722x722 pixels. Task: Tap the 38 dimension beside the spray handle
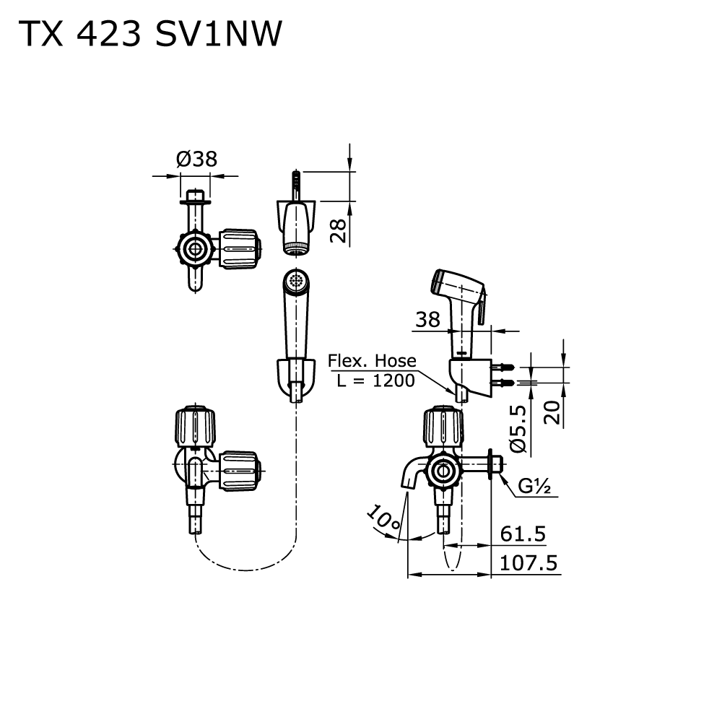[427, 319]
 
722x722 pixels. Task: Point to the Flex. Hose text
[372, 360]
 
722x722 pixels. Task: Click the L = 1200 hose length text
[375, 380]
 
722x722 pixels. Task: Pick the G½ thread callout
[535, 487]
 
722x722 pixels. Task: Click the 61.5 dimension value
[523, 534]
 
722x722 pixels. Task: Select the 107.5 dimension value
[528, 563]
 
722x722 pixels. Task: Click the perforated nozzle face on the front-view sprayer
[296, 282]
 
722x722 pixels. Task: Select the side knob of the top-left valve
[238, 248]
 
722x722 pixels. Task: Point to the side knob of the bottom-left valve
[238, 471]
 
